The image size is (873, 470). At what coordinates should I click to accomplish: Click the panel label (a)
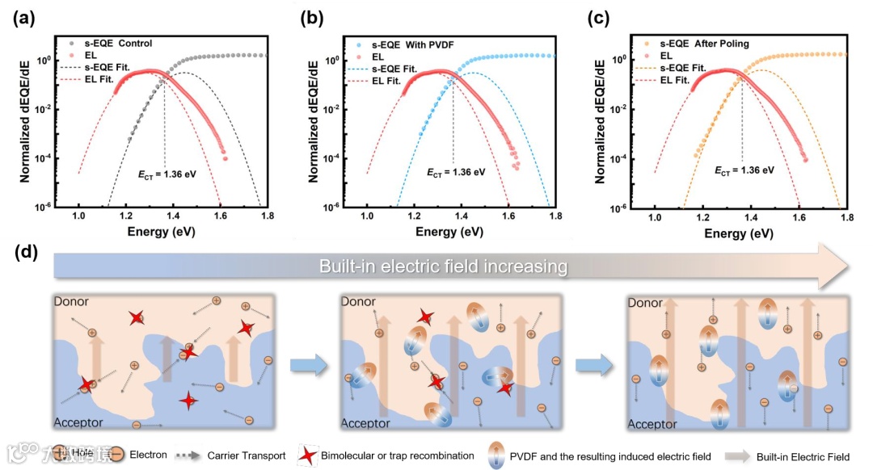point(23,17)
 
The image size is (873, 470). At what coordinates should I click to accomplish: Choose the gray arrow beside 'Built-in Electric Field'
point(735,456)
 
